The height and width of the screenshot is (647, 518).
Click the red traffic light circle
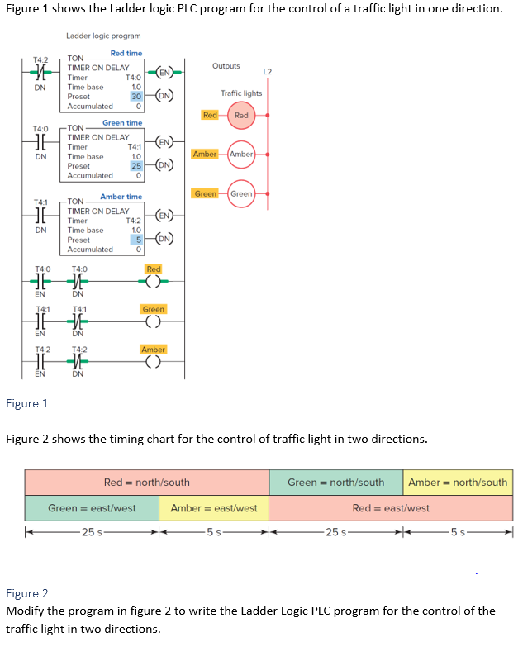point(241,116)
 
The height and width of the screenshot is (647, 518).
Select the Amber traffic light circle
point(241,155)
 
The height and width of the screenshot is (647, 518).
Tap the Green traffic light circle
point(241,193)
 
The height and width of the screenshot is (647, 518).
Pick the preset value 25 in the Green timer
point(136,165)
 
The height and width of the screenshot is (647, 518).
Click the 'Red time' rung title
point(126,53)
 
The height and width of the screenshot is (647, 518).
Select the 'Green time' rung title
point(122,123)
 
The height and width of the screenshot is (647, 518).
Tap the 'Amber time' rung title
point(121,197)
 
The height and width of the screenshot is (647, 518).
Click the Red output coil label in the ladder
point(154,269)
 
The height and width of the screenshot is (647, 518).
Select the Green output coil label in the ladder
point(154,309)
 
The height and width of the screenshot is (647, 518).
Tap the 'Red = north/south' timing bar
point(146,482)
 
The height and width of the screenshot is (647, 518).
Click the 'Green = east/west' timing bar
point(92,508)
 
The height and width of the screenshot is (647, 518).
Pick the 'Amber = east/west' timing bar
point(214,508)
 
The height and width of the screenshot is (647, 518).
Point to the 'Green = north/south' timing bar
point(335,482)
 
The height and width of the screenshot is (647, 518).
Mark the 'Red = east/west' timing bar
point(391,508)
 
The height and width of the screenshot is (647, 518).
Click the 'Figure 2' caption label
point(27,593)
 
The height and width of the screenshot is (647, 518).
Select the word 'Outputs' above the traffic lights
point(226,65)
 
